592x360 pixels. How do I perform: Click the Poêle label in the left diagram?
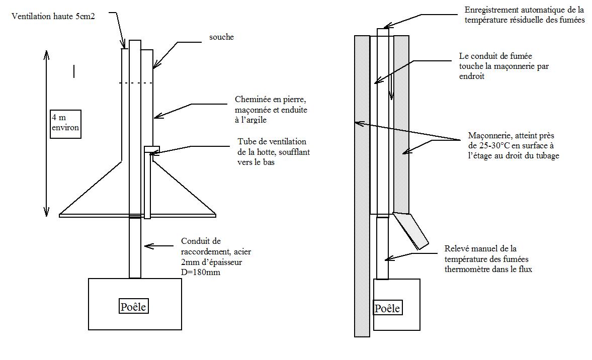[x=133, y=306]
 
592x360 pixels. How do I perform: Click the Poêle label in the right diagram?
[x=387, y=308]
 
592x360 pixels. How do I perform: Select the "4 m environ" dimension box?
[x=65, y=124]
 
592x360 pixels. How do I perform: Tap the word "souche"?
[x=222, y=37]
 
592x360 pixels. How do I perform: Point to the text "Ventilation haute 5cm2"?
[x=53, y=16]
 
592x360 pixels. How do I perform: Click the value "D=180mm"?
[x=201, y=272]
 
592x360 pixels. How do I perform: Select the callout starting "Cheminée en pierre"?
[x=271, y=110]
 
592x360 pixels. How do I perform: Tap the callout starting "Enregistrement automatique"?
[x=525, y=15]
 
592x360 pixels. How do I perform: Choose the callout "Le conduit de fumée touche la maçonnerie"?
[x=503, y=66]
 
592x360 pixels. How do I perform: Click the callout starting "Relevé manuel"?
[x=488, y=259]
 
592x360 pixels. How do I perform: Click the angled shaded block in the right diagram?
[x=410, y=230]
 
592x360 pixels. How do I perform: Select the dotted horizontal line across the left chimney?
[x=136, y=83]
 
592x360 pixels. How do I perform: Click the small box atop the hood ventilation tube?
[x=152, y=149]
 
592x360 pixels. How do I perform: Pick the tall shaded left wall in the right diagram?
[x=362, y=186]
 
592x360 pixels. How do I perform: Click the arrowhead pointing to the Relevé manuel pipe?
[x=387, y=259]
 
